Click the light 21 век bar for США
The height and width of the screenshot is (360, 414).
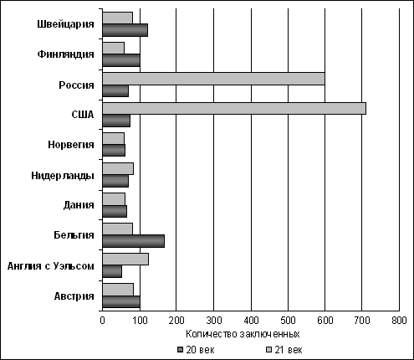pos(234,108)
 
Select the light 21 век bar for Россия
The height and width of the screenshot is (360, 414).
pos(213,79)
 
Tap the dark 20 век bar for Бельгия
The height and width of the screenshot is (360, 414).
pos(134,241)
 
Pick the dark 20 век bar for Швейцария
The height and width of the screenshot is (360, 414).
pos(125,30)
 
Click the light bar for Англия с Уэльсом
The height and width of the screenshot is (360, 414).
pos(125,260)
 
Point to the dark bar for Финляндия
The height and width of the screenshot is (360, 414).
pos(121,60)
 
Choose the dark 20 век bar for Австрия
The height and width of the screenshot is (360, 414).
pos(121,301)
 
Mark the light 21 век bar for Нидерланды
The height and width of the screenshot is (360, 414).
pos(118,169)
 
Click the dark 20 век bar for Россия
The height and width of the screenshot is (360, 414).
pos(115,90)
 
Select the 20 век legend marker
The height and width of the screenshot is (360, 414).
pos(181,350)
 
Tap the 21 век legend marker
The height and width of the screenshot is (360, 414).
pos(268,350)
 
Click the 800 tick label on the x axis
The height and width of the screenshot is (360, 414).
pos(399,321)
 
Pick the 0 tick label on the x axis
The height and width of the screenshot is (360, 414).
pos(102,321)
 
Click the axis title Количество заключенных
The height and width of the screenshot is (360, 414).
pos(243,334)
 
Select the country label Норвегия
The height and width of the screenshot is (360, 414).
pos(71,145)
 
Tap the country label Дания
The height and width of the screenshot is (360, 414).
pos(79,205)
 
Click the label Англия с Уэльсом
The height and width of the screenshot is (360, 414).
pos(51,266)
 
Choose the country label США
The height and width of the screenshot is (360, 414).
pos(83,115)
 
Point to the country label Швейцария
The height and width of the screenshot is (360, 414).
pos(65,24)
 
